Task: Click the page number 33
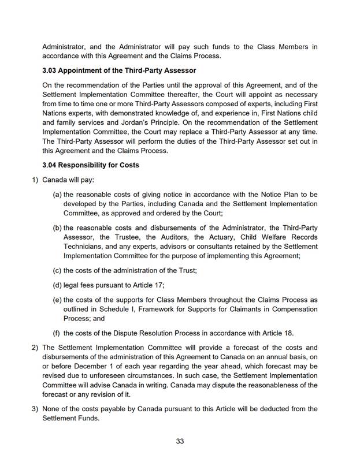180,442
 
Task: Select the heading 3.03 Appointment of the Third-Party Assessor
119,71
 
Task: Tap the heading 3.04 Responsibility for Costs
90,165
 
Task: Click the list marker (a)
57,195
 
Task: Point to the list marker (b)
57,228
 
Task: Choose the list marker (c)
57,270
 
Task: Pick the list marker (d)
57,285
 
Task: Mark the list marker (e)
57,300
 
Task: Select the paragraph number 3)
35,409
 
